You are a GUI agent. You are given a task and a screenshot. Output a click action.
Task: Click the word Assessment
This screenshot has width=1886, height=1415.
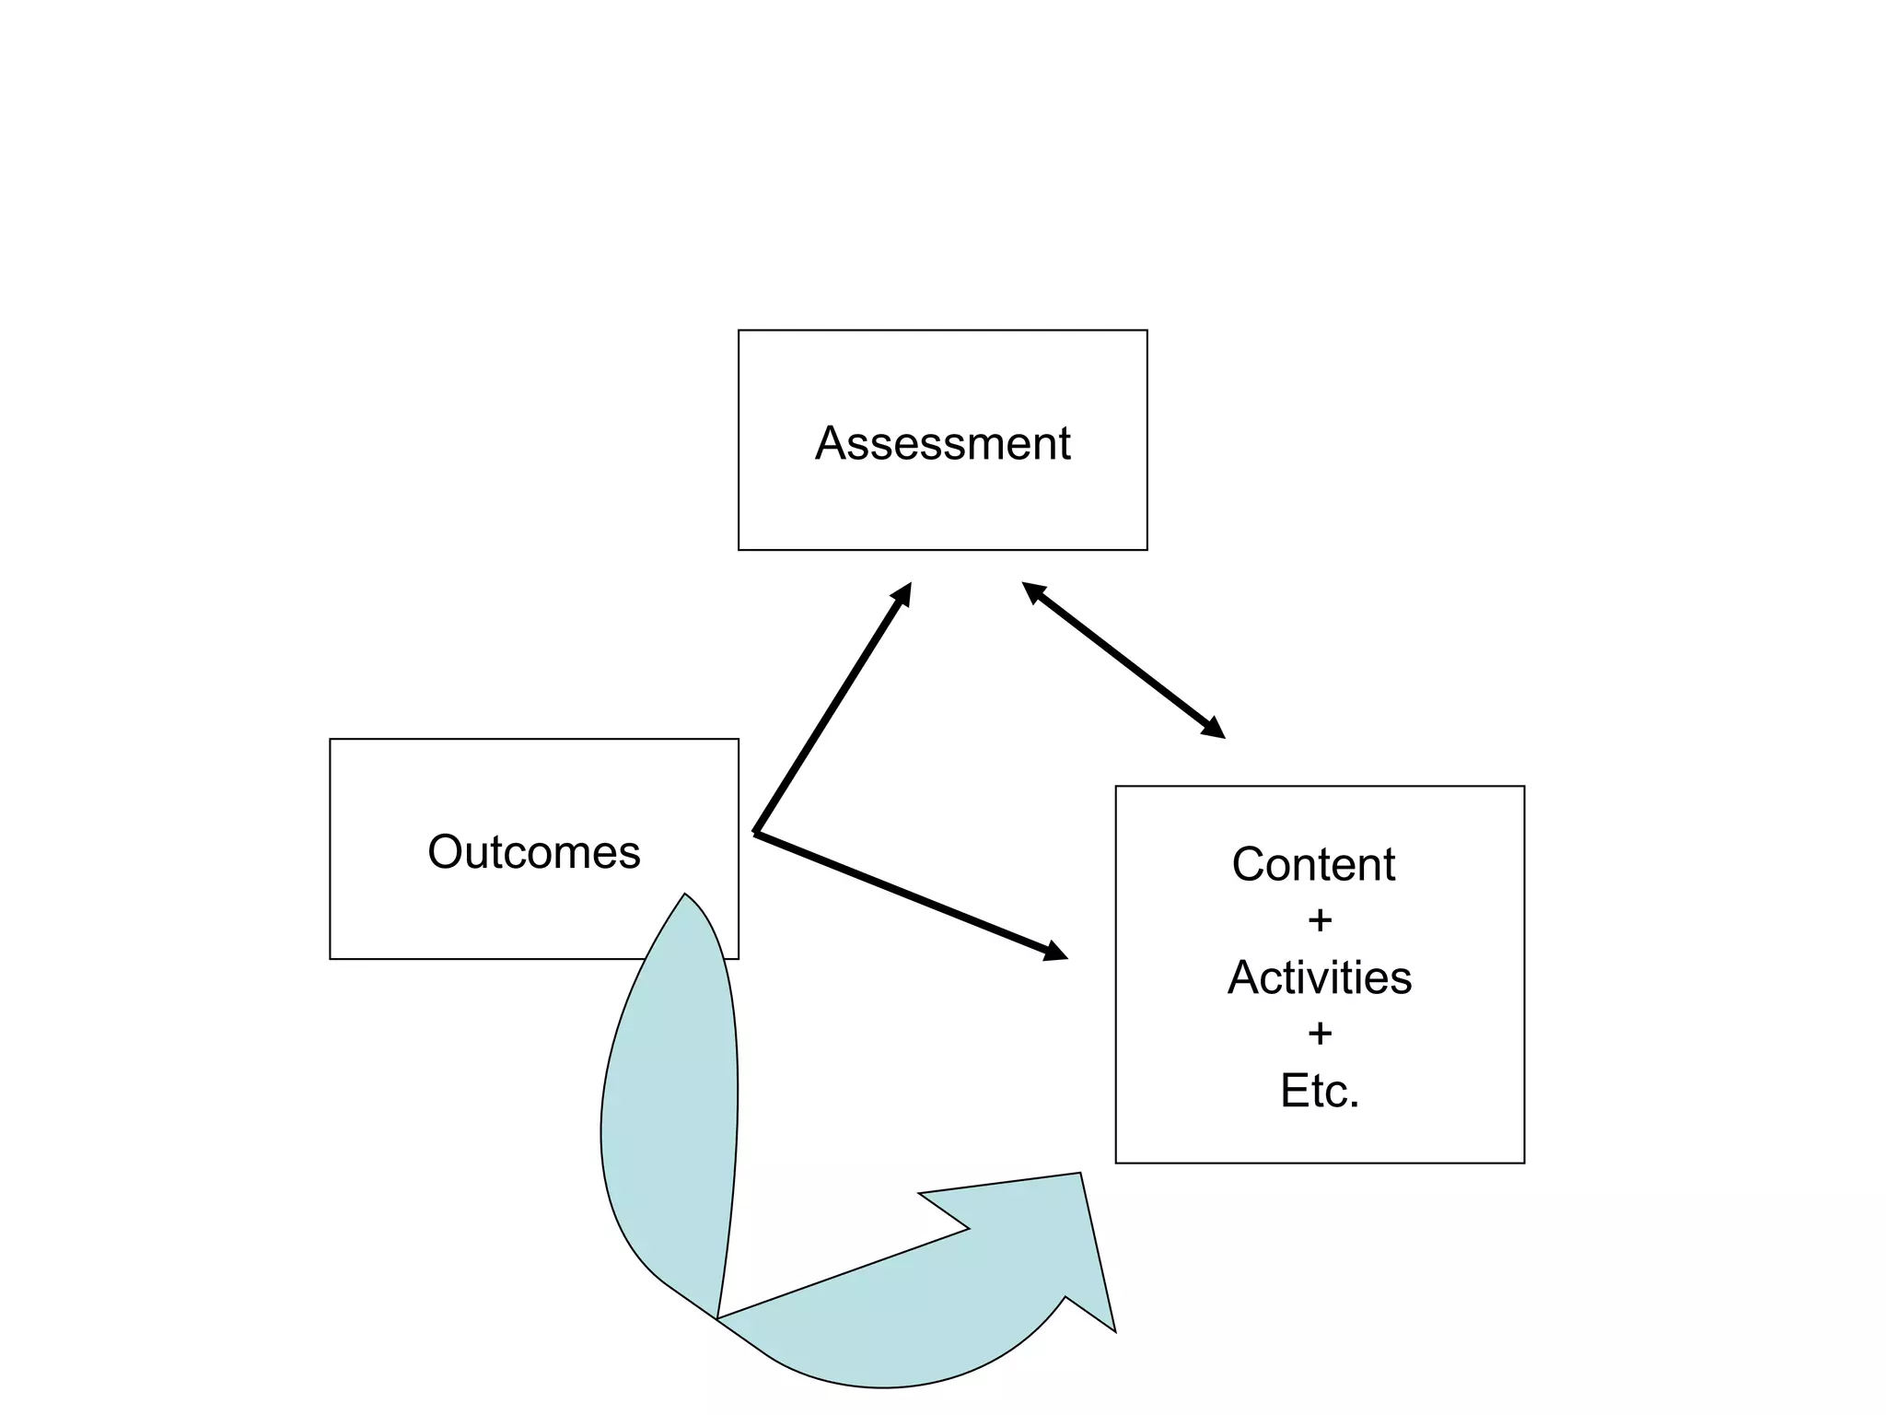coord(942,443)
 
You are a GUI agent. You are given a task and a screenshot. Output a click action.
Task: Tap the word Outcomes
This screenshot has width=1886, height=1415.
coord(533,852)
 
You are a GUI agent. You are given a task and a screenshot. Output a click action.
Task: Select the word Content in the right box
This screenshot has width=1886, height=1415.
coord(1313,864)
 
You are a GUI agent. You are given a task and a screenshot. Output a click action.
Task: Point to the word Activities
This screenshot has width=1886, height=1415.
coord(1319,977)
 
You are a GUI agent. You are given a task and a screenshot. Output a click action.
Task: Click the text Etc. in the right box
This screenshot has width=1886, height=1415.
coord(1319,1091)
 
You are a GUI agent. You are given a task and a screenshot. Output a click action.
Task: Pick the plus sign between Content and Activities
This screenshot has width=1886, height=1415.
coord(1320,920)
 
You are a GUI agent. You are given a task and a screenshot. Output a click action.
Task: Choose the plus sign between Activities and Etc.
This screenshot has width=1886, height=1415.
coord(1320,1034)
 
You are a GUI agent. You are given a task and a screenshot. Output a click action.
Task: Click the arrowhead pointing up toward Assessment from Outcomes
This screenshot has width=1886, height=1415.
coord(902,594)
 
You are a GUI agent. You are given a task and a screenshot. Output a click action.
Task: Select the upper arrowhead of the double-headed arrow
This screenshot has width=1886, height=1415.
coord(1034,591)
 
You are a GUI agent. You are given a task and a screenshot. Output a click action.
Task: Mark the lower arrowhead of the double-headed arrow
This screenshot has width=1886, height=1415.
coord(1213,729)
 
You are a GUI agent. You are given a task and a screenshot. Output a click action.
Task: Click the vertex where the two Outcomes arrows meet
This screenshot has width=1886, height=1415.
coord(756,832)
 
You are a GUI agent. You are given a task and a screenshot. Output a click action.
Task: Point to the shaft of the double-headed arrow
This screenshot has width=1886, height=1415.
coord(1123,660)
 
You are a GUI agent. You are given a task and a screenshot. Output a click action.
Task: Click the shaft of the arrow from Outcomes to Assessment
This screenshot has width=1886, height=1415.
coord(829,714)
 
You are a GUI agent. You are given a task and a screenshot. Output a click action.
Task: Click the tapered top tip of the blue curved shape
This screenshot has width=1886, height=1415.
coord(685,898)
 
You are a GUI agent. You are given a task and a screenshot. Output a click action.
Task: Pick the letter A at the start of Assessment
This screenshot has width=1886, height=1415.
coord(831,443)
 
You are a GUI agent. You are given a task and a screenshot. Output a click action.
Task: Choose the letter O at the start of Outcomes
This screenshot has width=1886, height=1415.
coord(443,852)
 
